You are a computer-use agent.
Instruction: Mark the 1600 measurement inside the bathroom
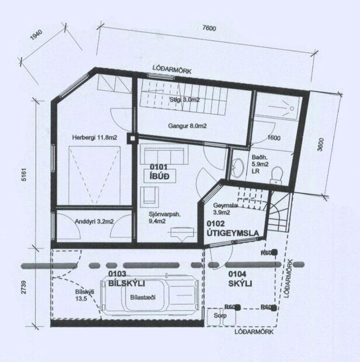click(x=274, y=138)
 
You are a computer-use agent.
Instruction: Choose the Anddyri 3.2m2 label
click(x=95, y=221)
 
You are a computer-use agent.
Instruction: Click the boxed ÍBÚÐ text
click(x=160, y=175)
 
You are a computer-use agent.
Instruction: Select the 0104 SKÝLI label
click(x=240, y=279)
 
